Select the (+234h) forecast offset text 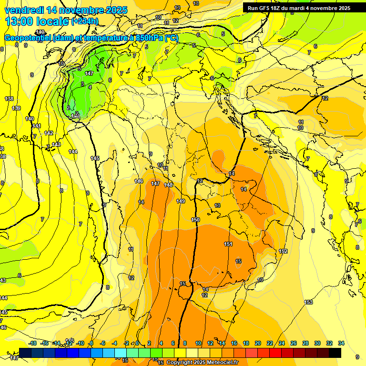tap(85, 21)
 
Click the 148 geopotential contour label tap(168, 185)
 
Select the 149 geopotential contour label tap(181, 202)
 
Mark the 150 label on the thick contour tap(195, 220)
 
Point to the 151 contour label tap(228, 244)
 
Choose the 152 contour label tap(283, 251)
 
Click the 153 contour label tap(308, 302)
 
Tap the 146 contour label tap(139, 181)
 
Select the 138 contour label tap(9, 99)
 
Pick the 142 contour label tap(49, 133)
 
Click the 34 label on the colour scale tap(341, 343)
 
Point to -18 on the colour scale tap(32, 343)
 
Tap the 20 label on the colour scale tap(258, 343)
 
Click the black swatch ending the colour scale tap(335, 353)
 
